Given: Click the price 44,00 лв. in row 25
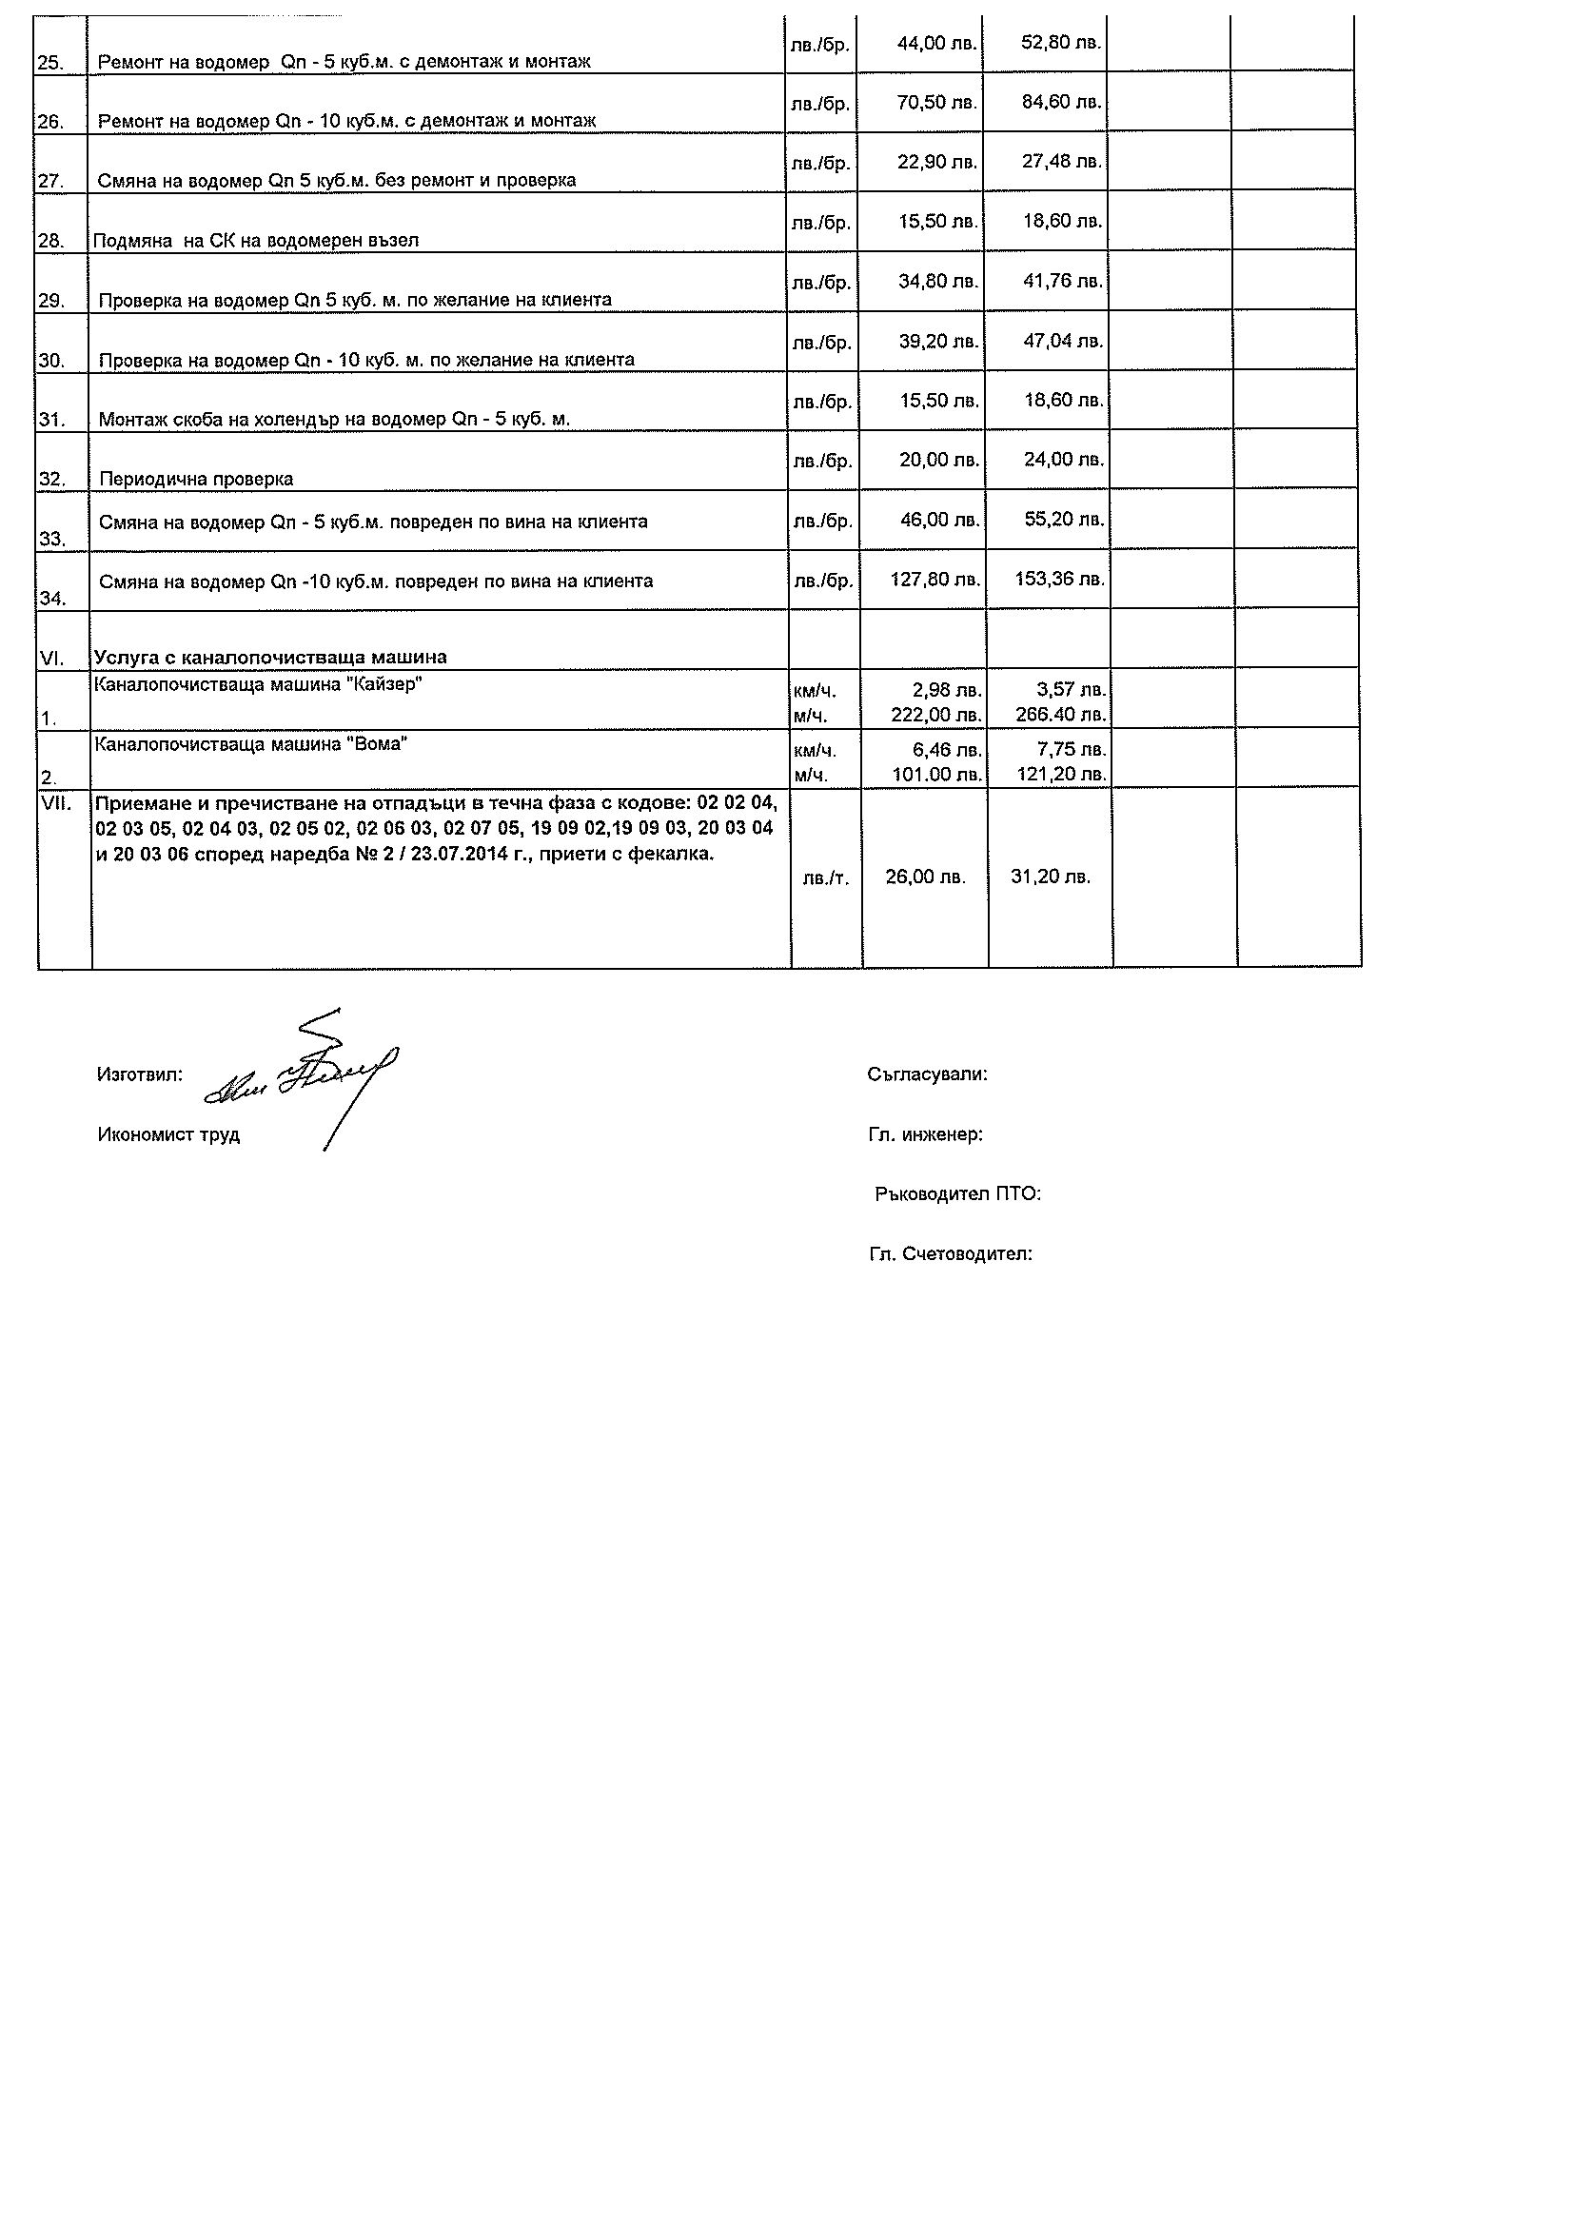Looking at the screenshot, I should click(x=936, y=44).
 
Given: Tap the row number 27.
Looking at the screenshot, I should click(x=50, y=182).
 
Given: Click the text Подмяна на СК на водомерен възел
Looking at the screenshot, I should click(x=256, y=241).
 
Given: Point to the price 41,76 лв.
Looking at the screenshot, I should click(x=1063, y=282).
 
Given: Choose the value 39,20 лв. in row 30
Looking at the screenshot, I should click(x=938, y=342).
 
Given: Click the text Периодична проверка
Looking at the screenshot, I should click(x=196, y=479).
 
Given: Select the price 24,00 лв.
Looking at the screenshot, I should click(x=1064, y=460).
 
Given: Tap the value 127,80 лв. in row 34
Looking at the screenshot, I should click(x=935, y=580).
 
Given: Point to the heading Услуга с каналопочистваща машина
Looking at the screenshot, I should click(x=270, y=658).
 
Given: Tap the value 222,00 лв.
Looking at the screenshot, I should click(x=935, y=716).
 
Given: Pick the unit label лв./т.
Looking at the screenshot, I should click(x=825, y=878).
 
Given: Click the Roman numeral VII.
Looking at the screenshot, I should click(x=56, y=804).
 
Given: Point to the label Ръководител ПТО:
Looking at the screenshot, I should click(x=957, y=1195).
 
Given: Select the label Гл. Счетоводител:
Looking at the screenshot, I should click(x=951, y=1255).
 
